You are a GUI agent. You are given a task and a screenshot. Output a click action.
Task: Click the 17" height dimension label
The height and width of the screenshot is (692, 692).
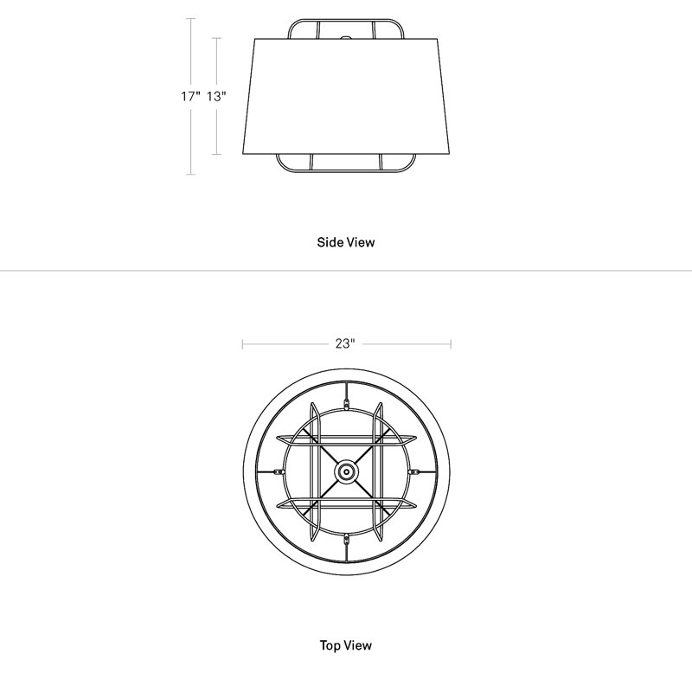pos(190,96)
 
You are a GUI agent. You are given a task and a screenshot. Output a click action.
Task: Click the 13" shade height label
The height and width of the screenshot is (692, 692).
pos(217,96)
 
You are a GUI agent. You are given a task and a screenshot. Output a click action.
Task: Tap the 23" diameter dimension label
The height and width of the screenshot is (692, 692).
pos(345,343)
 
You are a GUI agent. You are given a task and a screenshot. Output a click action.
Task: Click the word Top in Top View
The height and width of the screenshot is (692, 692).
pos(330,645)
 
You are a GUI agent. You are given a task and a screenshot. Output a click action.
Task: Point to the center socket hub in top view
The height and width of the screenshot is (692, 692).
pos(347,471)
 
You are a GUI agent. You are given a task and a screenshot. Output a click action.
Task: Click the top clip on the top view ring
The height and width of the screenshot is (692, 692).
pos(347,403)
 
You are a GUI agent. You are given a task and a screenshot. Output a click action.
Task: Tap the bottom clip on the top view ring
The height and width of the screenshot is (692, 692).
pos(347,538)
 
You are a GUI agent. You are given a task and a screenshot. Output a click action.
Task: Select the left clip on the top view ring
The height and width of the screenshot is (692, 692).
pos(279,471)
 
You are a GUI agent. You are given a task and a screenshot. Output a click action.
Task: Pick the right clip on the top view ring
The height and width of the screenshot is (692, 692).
pos(414,471)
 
